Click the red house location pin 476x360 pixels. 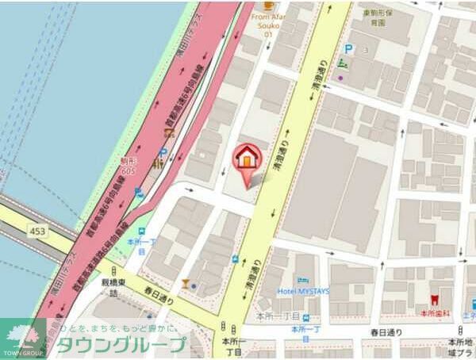point(247,159)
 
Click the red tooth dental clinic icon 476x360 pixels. point(433,301)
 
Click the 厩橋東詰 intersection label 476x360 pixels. point(109,286)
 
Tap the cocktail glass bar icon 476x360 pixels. point(185,283)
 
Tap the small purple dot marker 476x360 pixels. point(341,78)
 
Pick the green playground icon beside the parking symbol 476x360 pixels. point(343,61)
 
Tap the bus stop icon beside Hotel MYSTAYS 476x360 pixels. point(235,259)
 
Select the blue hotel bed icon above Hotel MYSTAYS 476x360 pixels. point(302,280)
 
